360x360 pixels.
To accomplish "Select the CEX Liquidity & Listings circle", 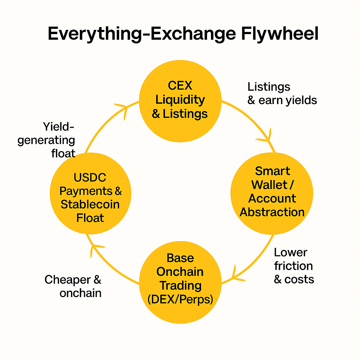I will click(x=180, y=101).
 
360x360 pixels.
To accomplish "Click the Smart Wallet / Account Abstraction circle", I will click(x=272, y=193).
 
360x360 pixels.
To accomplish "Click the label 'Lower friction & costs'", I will click(x=294, y=266).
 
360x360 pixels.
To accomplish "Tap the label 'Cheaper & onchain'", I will click(x=73, y=286).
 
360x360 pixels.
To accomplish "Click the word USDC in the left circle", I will click(x=90, y=177).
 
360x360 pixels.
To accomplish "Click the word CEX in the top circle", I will click(x=180, y=86).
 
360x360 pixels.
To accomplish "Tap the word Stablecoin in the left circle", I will click(x=90, y=204).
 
